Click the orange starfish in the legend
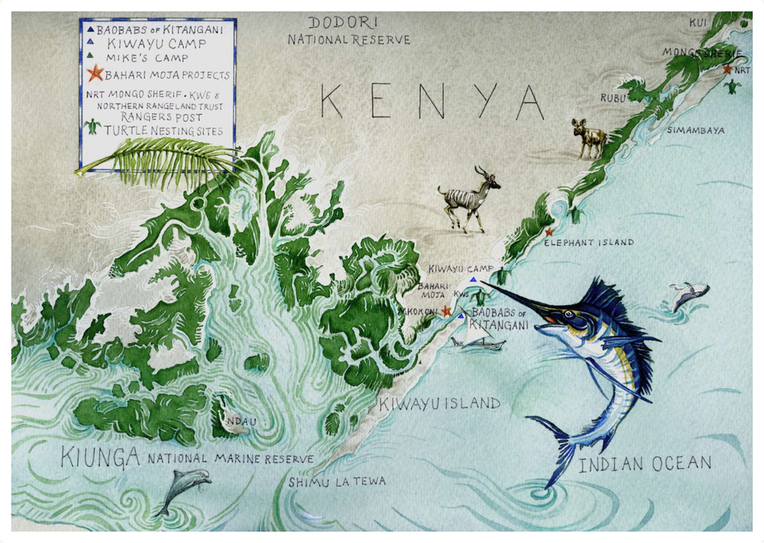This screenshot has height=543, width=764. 95,74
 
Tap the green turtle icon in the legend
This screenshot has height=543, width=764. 93,128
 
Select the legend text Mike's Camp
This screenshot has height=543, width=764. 147,58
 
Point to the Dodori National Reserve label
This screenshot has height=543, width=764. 348,31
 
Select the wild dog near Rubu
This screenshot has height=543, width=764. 590,137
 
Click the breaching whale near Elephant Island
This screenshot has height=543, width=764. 688,294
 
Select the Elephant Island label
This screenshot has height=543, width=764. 588,242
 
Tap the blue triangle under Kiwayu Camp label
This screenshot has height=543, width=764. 473,280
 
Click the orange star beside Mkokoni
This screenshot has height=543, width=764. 446,312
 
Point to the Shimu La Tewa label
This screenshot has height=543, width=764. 337,481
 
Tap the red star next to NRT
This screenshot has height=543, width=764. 727,69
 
